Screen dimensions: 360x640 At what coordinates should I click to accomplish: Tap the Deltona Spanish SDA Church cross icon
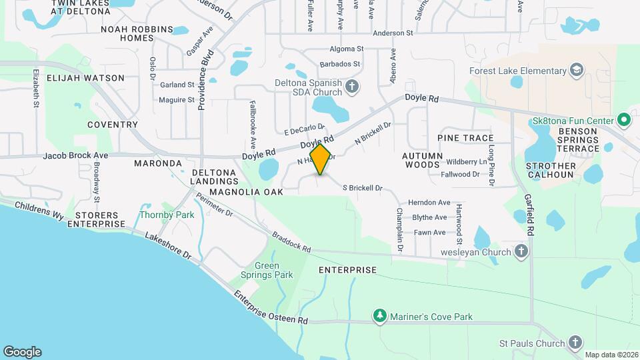[x=352, y=87]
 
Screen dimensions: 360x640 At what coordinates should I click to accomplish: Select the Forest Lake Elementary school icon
[x=576, y=71]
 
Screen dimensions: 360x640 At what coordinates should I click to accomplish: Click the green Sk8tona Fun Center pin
[x=623, y=121]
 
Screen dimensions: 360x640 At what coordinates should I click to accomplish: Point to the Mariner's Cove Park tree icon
[x=380, y=316]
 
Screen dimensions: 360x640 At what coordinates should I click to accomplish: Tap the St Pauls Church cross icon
[x=576, y=343]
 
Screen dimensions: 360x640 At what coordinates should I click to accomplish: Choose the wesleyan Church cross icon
[x=521, y=251]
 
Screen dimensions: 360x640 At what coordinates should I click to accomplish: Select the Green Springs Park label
[x=266, y=270]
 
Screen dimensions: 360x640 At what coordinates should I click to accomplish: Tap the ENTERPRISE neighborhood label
[x=347, y=270]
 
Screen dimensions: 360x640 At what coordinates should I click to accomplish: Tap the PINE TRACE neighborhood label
[x=465, y=137]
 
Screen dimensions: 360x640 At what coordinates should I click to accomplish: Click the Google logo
[x=22, y=351]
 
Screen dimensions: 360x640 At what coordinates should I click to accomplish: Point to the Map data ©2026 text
[x=611, y=355]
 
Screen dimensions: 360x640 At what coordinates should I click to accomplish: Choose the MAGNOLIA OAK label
[x=246, y=192]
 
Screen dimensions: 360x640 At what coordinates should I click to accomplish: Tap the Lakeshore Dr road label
[x=168, y=246]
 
